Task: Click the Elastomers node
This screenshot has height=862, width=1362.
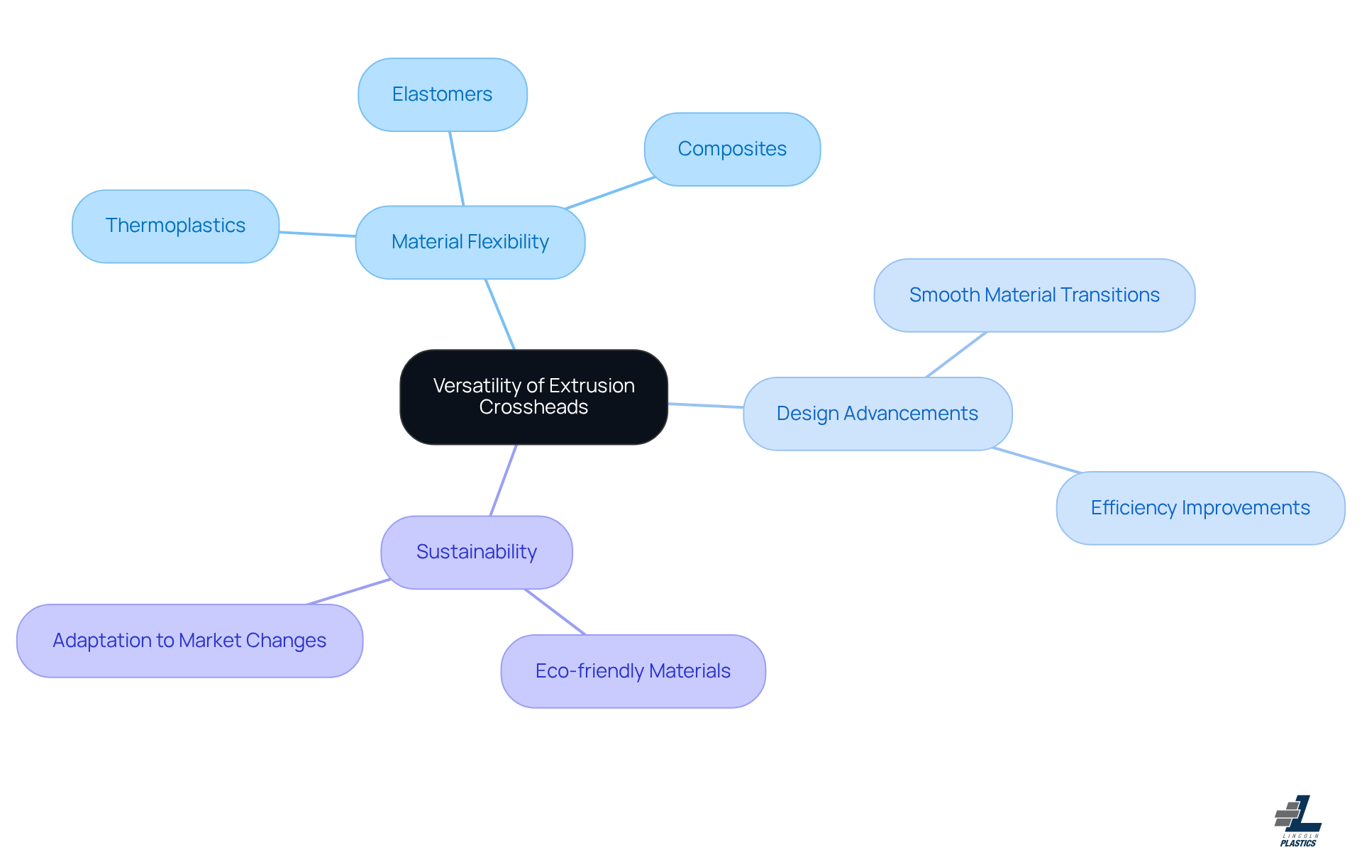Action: click(x=442, y=94)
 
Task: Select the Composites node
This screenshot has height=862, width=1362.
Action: click(x=732, y=149)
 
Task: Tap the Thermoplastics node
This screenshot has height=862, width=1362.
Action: click(x=175, y=226)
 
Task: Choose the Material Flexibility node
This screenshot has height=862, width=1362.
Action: click(x=470, y=242)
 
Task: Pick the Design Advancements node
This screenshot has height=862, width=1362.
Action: click(x=877, y=414)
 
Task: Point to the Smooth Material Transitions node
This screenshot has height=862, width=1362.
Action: click(x=1034, y=295)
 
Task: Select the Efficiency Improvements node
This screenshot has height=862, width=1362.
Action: click(x=1200, y=508)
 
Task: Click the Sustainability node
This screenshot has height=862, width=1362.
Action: click(x=476, y=552)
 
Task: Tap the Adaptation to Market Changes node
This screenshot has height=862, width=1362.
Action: click(x=189, y=641)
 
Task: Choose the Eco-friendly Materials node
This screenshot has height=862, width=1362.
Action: click(x=633, y=671)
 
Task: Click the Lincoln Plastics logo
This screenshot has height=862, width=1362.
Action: click(x=1298, y=821)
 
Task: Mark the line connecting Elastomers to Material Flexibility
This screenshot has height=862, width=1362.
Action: click(x=456, y=168)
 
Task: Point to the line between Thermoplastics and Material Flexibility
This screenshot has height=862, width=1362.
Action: click(x=317, y=234)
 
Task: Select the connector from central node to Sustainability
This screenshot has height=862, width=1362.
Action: click(x=503, y=480)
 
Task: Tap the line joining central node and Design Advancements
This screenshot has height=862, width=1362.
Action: click(x=705, y=405)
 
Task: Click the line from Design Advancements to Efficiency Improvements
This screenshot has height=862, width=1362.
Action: click(x=1036, y=460)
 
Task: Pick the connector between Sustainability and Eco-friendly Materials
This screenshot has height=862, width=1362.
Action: click(x=555, y=612)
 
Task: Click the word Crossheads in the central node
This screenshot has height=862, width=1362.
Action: click(x=533, y=407)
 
